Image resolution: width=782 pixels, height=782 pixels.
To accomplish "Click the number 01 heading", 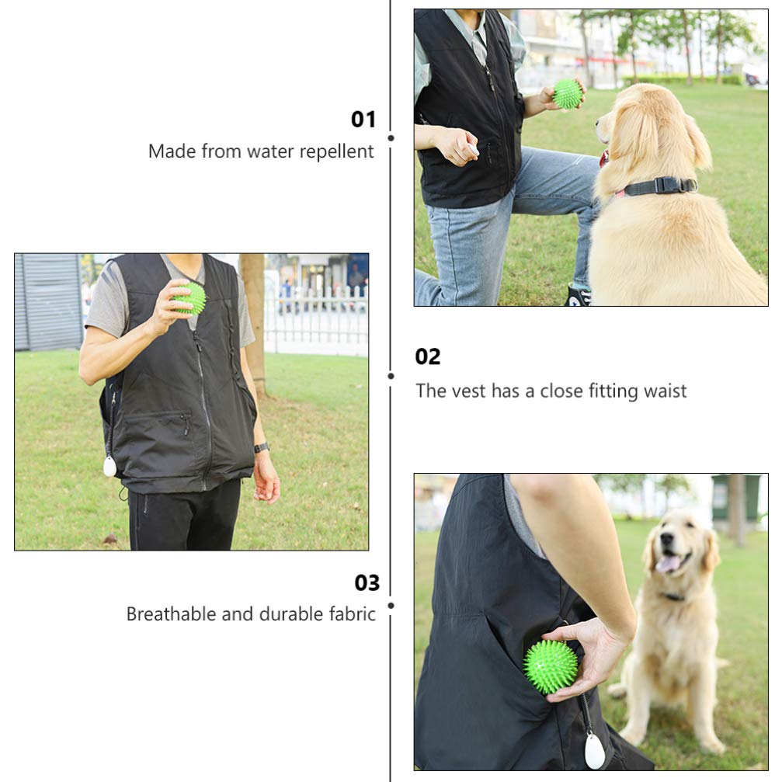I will click(363, 120).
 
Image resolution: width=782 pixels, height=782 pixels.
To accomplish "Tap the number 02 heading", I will click(428, 357).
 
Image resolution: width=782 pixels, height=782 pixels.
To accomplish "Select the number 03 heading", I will click(367, 583).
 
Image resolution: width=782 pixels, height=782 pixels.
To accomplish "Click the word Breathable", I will click(171, 614).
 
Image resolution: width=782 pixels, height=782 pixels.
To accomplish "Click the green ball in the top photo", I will click(568, 94).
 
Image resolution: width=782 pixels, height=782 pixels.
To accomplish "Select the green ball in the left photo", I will click(191, 298).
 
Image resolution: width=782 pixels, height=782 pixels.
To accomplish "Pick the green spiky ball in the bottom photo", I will click(551, 666).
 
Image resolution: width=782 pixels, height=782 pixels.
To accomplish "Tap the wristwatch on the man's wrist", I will click(262, 447).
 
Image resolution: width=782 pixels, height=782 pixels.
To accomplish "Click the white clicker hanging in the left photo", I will click(110, 466).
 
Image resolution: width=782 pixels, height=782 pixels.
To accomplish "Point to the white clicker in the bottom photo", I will click(596, 751).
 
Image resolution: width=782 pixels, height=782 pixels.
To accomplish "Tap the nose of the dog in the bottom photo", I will click(666, 538).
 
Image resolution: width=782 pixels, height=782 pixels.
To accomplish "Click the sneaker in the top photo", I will click(579, 295).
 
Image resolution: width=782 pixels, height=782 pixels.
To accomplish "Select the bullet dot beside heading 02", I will click(391, 376).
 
